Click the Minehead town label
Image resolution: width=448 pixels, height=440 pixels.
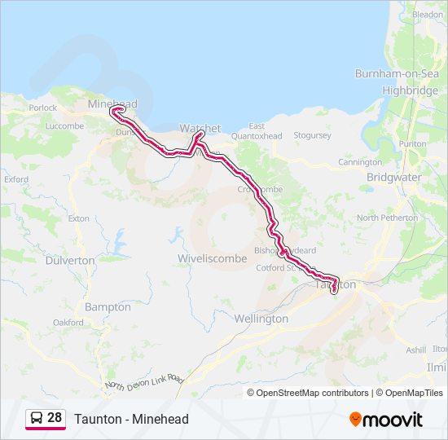click(112, 104)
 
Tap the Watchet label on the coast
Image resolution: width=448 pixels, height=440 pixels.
click(200, 128)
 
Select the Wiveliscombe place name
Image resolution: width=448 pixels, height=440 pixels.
click(206, 258)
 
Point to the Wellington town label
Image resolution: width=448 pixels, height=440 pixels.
click(261, 319)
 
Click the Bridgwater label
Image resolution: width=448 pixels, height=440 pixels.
click(393, 177)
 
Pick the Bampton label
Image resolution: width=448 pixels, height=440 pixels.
click(108, 307)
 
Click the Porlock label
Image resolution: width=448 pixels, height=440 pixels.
click(42, 108)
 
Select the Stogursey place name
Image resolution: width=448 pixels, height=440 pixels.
click(312, 135)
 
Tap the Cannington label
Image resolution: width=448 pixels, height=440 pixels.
click(359, 162)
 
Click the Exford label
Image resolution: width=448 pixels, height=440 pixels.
click(16, 179)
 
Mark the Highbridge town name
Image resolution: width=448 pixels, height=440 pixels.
click(410, 90)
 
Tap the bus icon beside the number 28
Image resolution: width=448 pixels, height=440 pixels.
click(37, 418)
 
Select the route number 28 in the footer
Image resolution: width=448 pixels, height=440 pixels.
click(55, 418)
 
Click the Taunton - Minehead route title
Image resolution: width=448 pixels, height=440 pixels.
click(131, 419)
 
